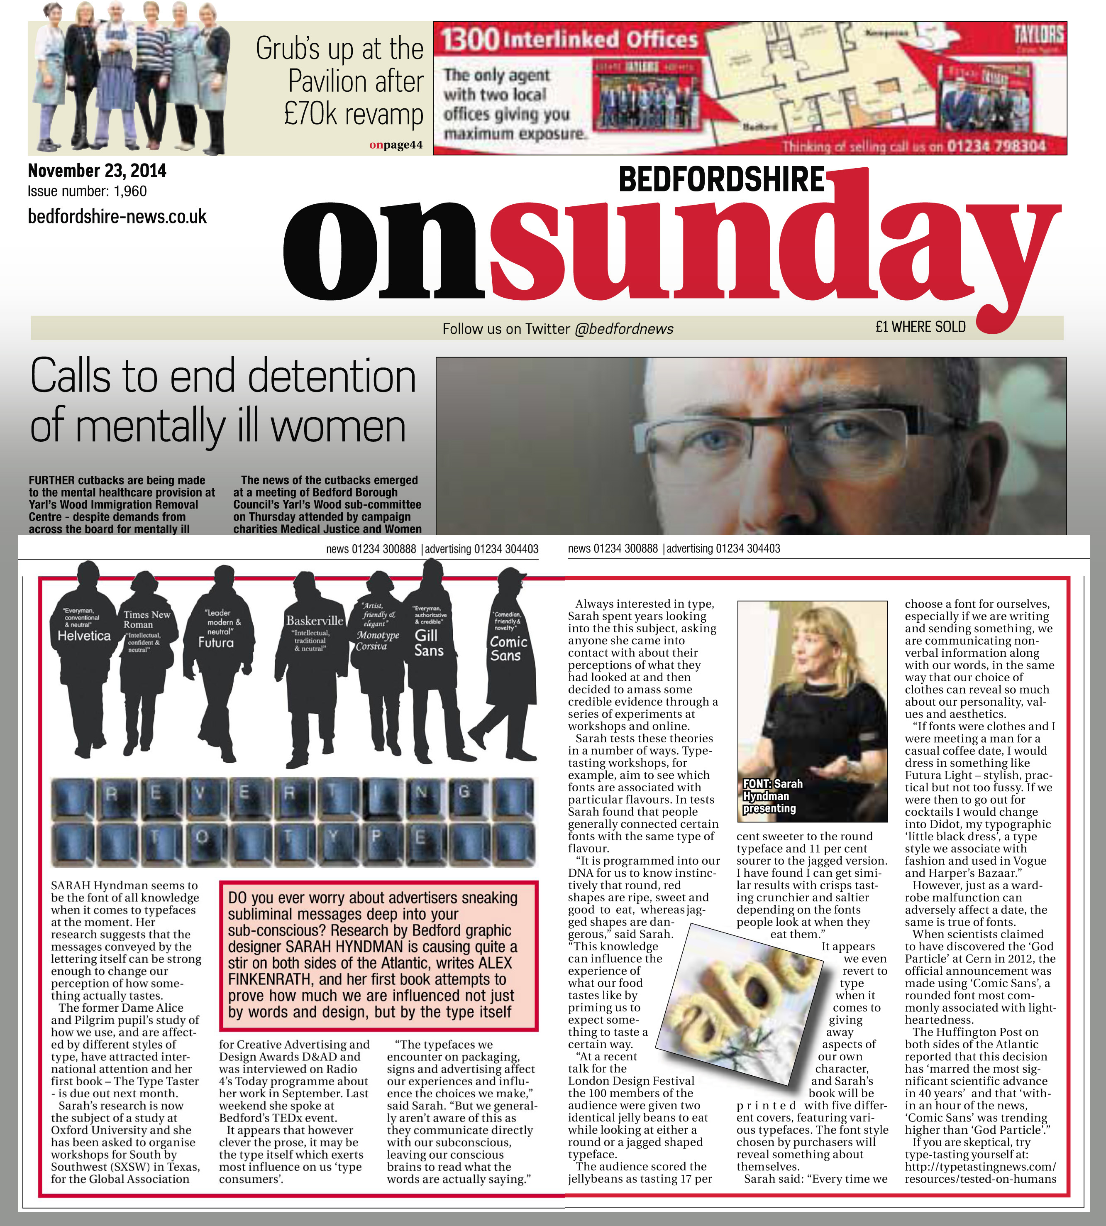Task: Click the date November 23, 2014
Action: (x=97, y=171)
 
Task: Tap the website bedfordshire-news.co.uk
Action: (x=117, y=216)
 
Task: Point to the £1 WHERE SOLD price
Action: (x=920, y=327)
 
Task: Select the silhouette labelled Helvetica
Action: (x=85, y=656)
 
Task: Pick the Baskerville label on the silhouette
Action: (x=315, y=621)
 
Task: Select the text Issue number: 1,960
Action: (x=87, y=191)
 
